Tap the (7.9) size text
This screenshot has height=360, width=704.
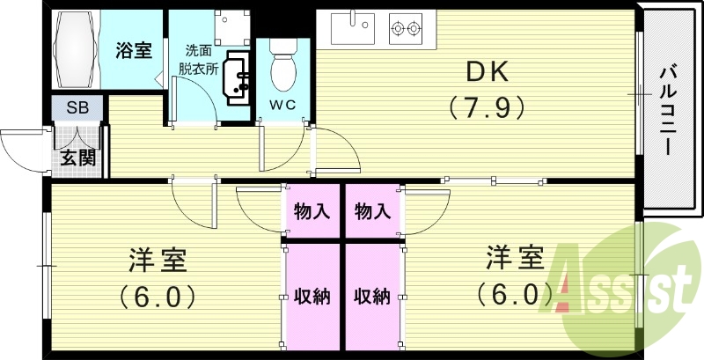(488, 107)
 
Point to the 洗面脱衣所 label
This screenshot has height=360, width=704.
(201, 59)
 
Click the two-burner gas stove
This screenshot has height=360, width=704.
(407, 29)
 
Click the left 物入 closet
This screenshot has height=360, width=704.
(312, 211)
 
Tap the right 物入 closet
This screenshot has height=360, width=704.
(372, 211)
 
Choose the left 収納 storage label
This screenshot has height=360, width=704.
(312, 296)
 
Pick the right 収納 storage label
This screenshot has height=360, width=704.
(372, 296)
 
